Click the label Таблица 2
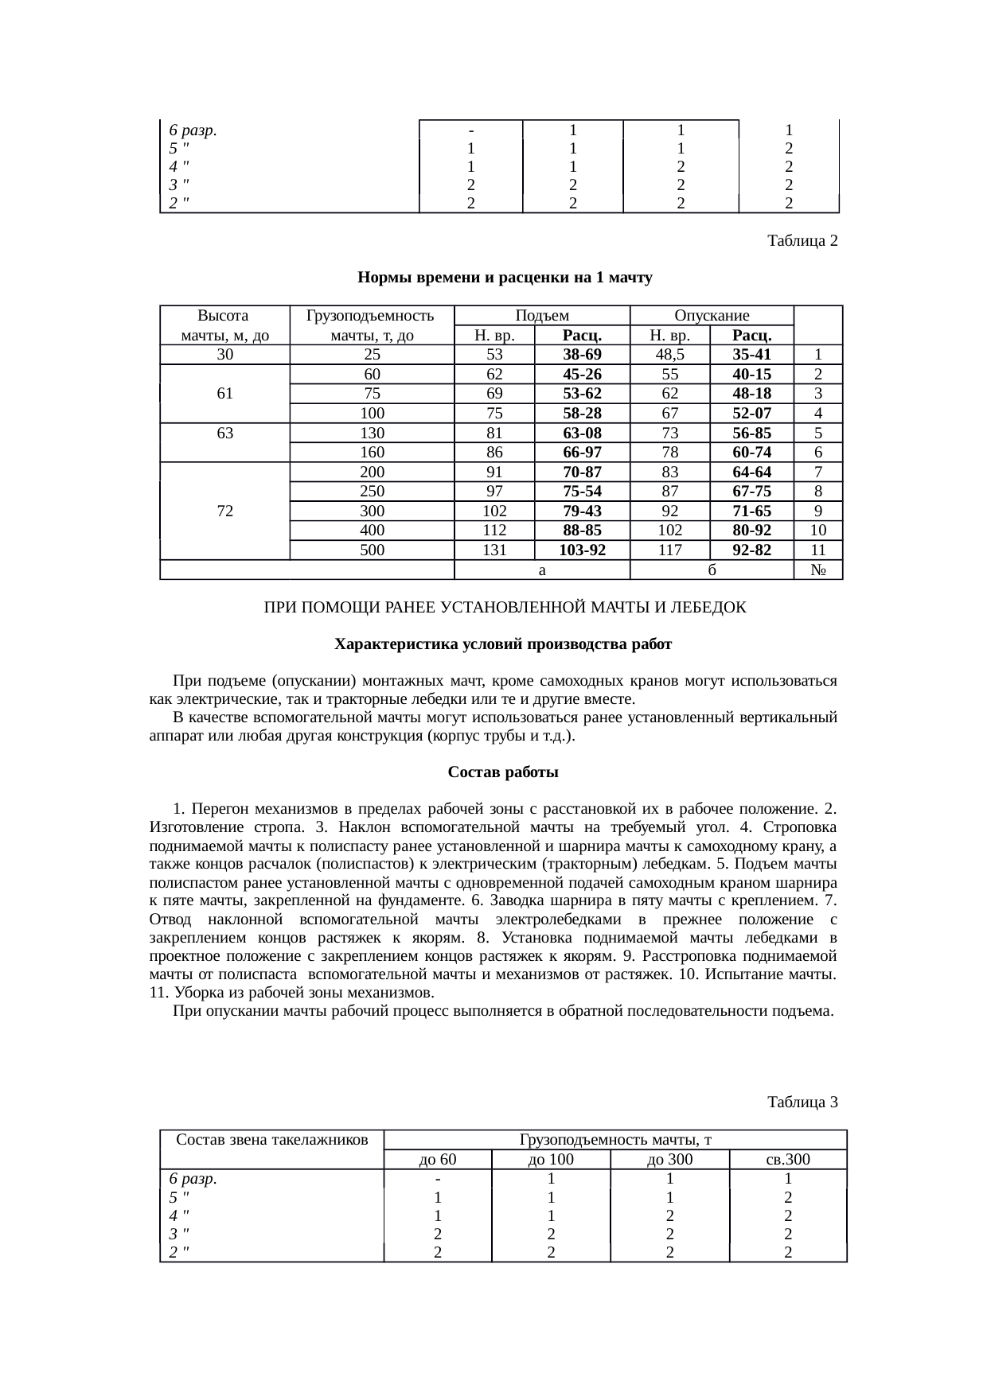(802, 240)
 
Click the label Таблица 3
(802, 1102)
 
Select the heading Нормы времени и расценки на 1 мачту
(505, 278)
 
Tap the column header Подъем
(541, 316)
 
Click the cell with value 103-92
(581, 550)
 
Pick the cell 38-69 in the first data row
(581, 355)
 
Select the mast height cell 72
(224, 511)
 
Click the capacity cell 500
(372, 550)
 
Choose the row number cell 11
(817, 550)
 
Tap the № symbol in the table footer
(817, 570)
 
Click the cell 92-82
(751, 550)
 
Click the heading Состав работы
(503, 772)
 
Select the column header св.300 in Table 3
(787, 1160)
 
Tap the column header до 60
(437, 1160)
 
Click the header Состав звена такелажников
(271, 1140)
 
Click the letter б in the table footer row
(712, 570)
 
